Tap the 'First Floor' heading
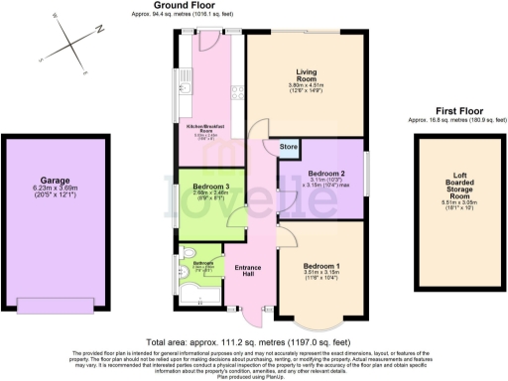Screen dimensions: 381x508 point(444,112)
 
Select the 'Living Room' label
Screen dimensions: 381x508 point(306,74)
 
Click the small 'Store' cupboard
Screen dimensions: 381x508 point(289,149)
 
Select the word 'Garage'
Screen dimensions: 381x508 point(55,181)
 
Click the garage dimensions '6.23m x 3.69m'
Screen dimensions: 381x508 point(55,190)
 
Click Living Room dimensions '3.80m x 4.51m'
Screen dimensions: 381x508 point(306,87)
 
